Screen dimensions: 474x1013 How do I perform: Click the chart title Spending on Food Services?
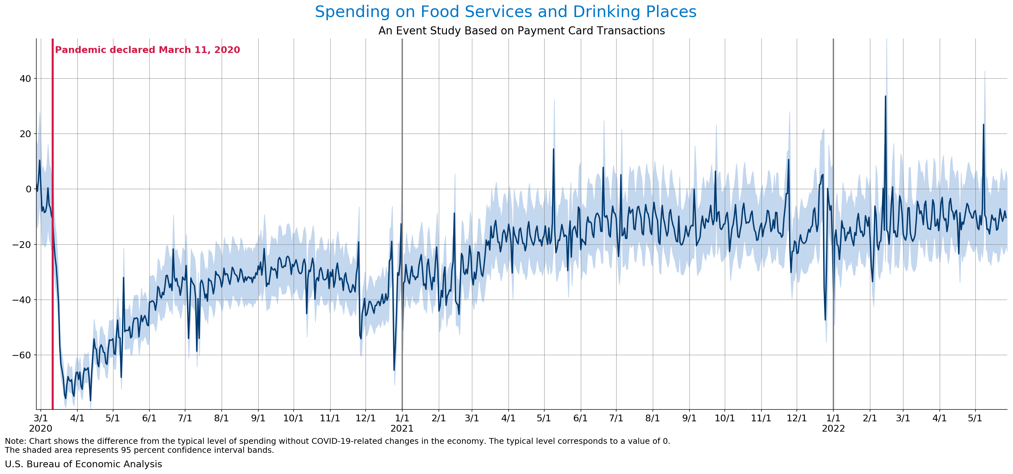click(x=505, y=12)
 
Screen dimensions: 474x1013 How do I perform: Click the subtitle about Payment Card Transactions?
click(x=521, y=31)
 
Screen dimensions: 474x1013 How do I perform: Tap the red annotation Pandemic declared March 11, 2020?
click(x=147, y=50)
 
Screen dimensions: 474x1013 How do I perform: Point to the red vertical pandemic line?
click(x=53, y=236)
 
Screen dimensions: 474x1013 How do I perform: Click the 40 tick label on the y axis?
click(x=25, y=79)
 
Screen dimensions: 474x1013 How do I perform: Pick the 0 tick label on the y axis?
click(x=28, y=189)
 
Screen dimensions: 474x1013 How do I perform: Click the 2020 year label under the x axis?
click(x=40, y=428)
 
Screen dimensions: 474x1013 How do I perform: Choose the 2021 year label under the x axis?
click(x=402, y=428)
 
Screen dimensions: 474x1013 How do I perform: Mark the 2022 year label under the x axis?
click(x=833, y=428)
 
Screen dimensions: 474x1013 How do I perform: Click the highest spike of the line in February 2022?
click(x=885, y=97)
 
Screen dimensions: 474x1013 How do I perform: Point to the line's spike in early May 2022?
click(x=983, y=125)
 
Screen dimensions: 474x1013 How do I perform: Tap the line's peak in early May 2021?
click(x=553, y=150)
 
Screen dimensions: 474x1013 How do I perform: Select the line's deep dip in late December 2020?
click(x=394, y=369)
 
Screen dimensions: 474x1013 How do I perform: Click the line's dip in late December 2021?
click(x=825, y=320)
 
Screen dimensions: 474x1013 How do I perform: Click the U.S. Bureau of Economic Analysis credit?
click(x=83, y=464)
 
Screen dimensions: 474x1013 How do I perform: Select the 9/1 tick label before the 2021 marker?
click(x=258, y=418)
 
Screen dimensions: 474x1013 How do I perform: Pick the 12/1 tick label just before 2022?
click(x=797, y=418)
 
